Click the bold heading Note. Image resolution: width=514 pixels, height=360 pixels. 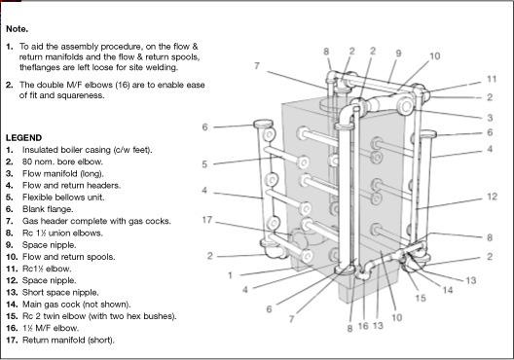tap(18, 29)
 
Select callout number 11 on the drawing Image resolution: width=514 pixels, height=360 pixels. tap(493, 79)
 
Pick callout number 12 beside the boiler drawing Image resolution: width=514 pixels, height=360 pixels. tap(492, 197)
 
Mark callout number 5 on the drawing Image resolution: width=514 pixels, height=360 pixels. tap(205, 163)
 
